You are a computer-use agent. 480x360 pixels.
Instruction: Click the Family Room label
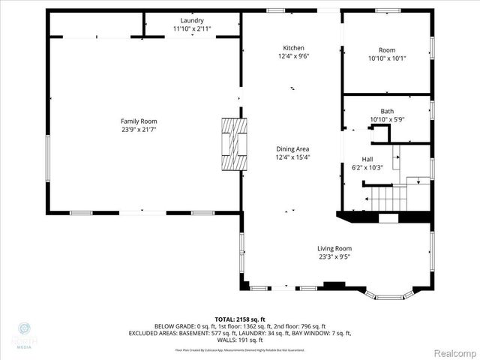click(139, 121)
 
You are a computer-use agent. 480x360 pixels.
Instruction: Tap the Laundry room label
click(192, 20)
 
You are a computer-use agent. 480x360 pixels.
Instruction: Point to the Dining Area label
click(292, 148)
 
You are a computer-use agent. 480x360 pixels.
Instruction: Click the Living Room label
click(334, 248)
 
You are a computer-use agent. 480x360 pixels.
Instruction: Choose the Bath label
click(386, 110)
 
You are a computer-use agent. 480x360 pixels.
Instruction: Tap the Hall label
click(367, 159)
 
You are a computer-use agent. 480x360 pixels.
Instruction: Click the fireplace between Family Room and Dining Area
click(232, 143)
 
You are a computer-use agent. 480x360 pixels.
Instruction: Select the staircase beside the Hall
click(390, 199)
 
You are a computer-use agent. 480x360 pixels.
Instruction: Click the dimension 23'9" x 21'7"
click(139, 129)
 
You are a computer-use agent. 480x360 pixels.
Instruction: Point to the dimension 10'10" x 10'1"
click(386, 58)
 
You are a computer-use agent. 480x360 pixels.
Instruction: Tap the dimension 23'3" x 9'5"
click(334, 256)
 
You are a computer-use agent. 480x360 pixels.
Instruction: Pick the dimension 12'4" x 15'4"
click(292, 157)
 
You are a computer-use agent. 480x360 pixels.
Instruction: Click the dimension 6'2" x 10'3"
click(367, 167)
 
